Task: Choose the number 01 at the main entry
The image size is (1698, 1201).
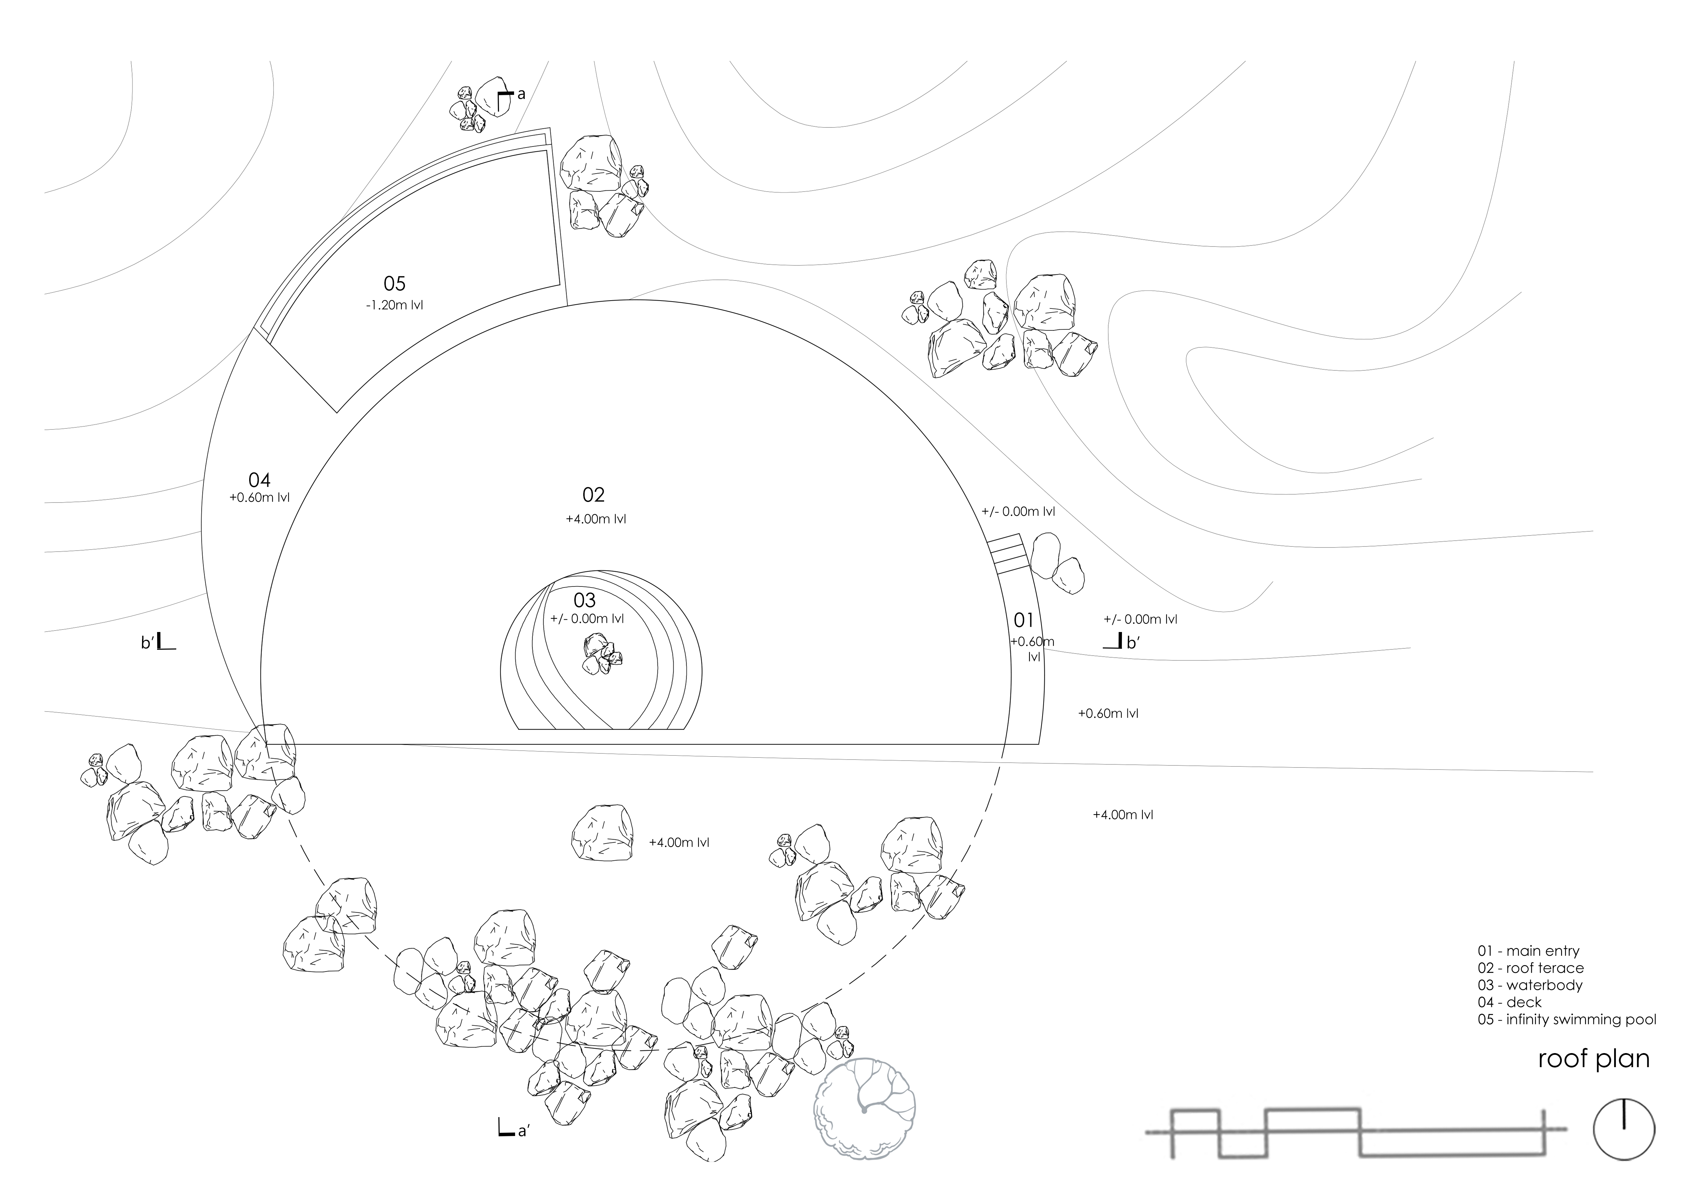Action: point(1023,620)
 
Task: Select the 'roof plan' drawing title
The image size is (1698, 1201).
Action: point(1594,1059)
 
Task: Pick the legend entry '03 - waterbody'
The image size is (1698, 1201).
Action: point(1529,985)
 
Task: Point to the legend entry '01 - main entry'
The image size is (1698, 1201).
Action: point(1528,951)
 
